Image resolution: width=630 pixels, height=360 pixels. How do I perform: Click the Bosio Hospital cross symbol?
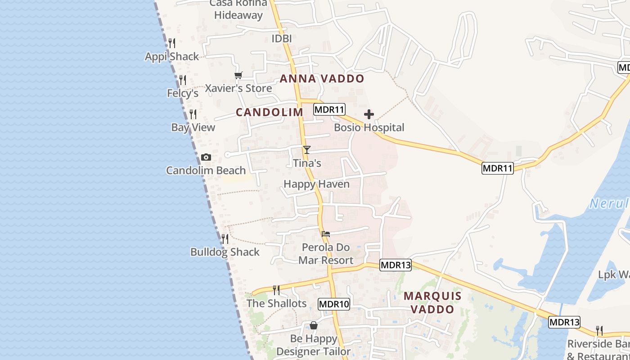click(369, 114)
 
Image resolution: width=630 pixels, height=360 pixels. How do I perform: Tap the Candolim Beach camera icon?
click(206, 157)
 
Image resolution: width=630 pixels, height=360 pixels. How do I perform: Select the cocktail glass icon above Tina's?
click(307, 149)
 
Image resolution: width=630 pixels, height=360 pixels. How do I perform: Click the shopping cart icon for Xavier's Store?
click(238, 75)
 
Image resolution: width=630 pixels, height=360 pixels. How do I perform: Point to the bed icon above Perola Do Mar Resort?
click(326, 234)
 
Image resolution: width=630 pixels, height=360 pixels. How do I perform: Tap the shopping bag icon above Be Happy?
click(314, 325)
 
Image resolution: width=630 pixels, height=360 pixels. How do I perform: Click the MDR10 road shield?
click(334, 304)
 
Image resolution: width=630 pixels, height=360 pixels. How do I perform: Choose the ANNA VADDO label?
click(322, 79)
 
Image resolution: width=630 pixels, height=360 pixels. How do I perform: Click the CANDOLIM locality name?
click(270, 112)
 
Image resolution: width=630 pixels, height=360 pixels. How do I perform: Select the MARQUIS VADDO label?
click(432, 302)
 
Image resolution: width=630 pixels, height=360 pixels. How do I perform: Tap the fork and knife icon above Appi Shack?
click(172, 43)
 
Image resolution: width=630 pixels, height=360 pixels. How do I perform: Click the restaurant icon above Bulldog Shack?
click(225, 238)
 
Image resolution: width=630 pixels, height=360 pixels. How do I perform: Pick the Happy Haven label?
click(316, 184)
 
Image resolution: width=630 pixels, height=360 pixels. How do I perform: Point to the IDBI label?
click(282, 39)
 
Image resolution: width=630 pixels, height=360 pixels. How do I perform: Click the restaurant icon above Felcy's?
click(183, 80)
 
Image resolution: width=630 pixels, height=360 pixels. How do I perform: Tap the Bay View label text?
click(193, 127)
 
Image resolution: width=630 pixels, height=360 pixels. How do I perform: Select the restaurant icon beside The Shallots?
click(276, 290)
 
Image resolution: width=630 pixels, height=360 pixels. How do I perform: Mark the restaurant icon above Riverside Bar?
click(599, 331)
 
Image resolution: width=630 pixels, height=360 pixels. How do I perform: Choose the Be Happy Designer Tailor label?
click(314, 345)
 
